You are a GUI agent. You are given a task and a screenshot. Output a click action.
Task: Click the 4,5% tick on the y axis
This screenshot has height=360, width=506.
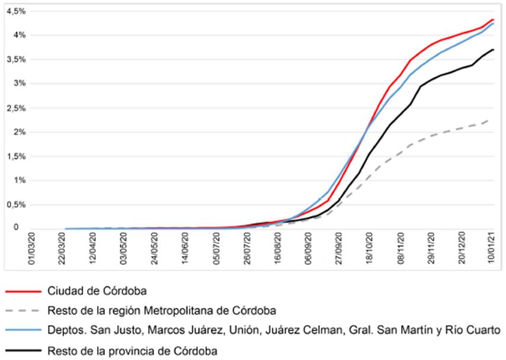click(x=13, y=11)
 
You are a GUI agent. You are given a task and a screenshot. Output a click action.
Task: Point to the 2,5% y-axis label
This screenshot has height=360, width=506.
click(x=13, y=108)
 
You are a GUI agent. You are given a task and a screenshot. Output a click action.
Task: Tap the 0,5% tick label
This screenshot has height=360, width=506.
click(x=13, y=204)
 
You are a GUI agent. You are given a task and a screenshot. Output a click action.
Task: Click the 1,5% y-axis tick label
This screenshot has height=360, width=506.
click(x=13, y=156)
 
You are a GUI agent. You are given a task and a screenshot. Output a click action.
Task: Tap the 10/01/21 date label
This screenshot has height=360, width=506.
click(x=491, y=253)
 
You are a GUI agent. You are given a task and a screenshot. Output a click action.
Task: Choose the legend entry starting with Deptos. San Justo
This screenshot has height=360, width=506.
click(x=273, y=329)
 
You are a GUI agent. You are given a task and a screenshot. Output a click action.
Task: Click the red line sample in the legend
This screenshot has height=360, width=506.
click(x=24, y=292)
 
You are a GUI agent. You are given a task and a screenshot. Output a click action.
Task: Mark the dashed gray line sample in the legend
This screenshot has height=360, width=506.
click(x=24, y=310)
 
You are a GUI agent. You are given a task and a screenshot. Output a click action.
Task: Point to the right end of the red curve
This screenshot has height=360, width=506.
click(x=493, y=20)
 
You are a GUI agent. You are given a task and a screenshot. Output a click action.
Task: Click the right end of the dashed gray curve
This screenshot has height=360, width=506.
click(x=489, y=120)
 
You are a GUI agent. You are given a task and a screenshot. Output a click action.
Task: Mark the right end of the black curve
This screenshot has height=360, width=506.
click(x=493, y=50)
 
